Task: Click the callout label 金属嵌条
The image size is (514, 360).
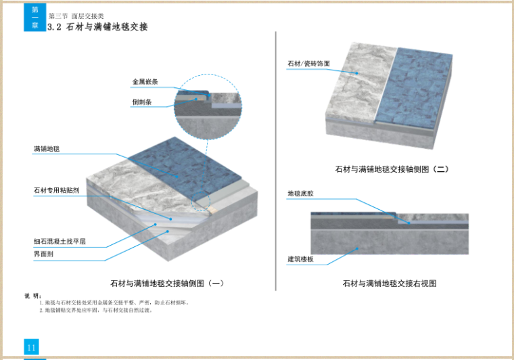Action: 145,82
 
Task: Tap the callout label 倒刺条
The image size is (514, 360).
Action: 142,103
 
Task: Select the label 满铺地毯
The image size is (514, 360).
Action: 47,148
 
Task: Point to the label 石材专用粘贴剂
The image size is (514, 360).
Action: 57,191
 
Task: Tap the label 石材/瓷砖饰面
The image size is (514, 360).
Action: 308,64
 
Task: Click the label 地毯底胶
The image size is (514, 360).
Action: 300,194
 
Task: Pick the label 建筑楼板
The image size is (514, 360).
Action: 300,259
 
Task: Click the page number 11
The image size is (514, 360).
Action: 32,347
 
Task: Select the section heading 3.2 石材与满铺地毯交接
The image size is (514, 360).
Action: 98,27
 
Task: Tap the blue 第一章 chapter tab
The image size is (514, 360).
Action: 35,18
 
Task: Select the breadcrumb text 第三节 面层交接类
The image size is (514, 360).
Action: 76,16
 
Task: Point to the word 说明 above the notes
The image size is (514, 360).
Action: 32,296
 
